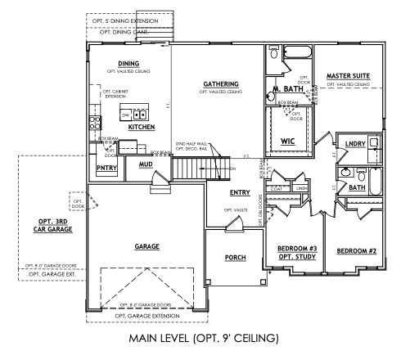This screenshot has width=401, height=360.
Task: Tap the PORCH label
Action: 236,258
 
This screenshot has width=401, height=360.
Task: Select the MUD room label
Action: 146,164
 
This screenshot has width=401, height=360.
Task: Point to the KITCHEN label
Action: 141,128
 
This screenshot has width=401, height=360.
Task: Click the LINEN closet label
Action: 300,188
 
